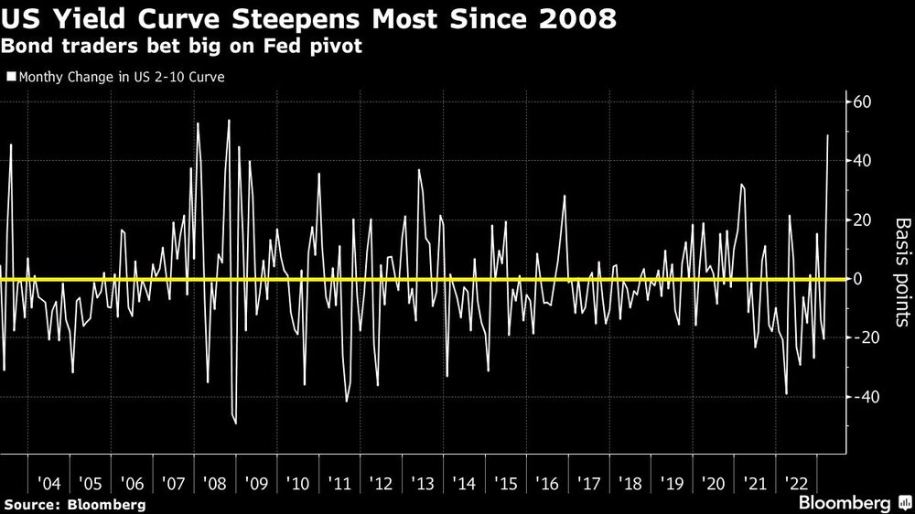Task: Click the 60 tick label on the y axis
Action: coord(862,102)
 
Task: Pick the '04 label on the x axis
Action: coord(48,482)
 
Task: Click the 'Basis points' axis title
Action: coord(901,272)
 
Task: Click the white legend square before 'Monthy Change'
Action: coord(11,78)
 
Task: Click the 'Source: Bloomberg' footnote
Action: coord(75,504)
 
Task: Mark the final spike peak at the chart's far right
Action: coord(828,135)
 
